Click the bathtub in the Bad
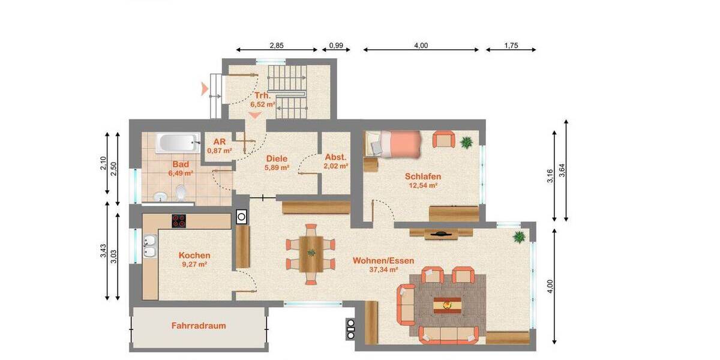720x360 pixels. click(178, 143)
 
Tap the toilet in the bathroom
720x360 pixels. click(181, 193)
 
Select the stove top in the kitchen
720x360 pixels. click(179, 221)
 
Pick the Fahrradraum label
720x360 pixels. click(199, 326)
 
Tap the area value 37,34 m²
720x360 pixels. click(384, 270)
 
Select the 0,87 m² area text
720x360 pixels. click(219, 151)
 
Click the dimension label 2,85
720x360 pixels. click(277, 45)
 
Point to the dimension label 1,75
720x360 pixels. click(511, 45)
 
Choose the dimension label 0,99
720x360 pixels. click(336, 45)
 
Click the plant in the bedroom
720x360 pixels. click(466, 142)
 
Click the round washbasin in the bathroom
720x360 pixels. click(160, 196)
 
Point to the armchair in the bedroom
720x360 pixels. click(443, 139)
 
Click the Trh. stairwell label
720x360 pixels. click(262, 95)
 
